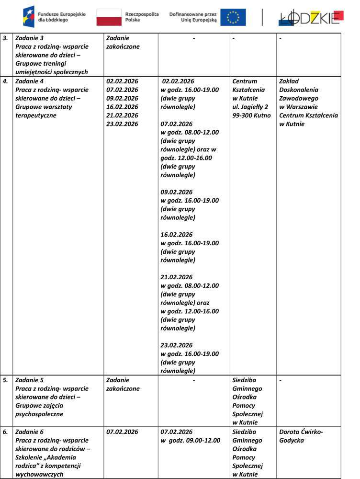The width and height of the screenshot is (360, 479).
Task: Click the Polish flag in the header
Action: [109, 17]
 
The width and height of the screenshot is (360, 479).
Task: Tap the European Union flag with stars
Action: [233, 17]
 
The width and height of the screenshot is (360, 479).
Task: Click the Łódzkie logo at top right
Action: [311, 17]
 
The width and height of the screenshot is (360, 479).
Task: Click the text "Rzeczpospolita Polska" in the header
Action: [142, 17]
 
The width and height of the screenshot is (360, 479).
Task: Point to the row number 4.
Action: [5, 81]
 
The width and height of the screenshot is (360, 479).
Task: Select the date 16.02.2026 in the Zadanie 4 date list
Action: [122, 107]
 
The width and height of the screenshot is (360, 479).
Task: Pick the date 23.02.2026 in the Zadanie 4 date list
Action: [122, 124]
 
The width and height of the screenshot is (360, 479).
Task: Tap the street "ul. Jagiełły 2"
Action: [250, 107]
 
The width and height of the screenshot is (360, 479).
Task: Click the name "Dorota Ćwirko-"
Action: [301, 432]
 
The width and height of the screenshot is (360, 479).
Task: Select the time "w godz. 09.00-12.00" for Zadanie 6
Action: [191, 440]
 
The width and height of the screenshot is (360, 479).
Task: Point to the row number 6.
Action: [5, 432]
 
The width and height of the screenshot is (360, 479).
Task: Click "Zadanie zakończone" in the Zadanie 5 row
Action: [123, 384]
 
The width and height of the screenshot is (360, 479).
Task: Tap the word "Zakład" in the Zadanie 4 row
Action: [289, 81]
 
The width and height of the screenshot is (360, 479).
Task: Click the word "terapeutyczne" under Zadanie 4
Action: [36, 115]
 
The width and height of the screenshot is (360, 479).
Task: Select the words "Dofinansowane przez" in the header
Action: [193, 14]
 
